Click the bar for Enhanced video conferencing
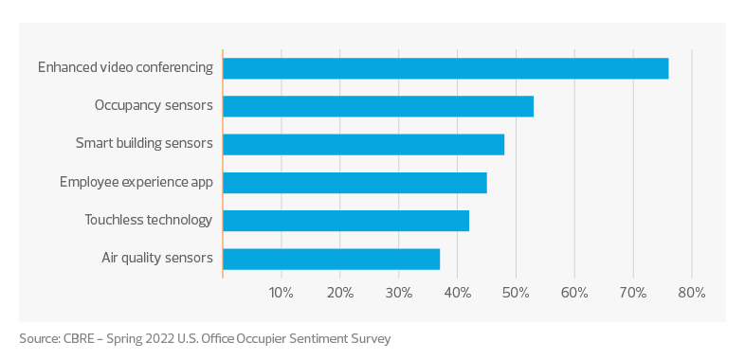coord(445,68)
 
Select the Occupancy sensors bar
coord(378,106)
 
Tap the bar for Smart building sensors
coord(364,144)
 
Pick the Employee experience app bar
coord(354,183)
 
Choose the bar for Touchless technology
coord(346,221)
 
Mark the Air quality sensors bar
coord(332,259)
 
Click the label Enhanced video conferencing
coord(125,68)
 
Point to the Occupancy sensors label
coord(154,106)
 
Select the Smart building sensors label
coord(144,144)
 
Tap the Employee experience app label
coord(136,182)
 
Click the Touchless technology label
coord(149,220)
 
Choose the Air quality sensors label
coord(157,258)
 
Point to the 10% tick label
coord(282,293)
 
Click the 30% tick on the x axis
coord(399,293)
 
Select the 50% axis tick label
coord(517,293)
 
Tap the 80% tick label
coord(692,293)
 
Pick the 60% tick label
coord(575,293)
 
